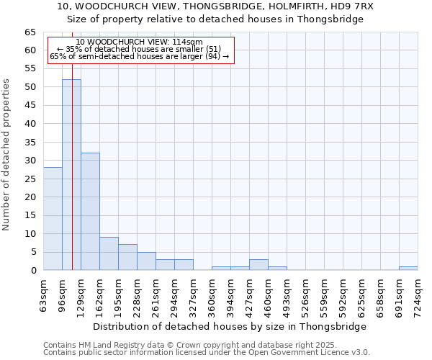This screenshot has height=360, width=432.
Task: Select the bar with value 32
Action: click(90, 212)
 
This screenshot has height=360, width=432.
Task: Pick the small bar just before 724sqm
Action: click(408, 269)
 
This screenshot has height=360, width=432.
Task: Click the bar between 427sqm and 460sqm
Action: click(258, 265)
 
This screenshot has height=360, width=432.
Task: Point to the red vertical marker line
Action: click(73, 144)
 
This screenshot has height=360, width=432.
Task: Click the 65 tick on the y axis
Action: click(30, 32)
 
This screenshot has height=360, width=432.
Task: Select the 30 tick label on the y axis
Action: click(30, 161)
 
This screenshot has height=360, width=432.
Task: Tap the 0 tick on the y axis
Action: click(33, 271)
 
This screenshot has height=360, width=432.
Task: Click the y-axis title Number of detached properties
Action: click(6, 155)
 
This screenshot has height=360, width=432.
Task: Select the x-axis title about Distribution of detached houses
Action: click(230, 326)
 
